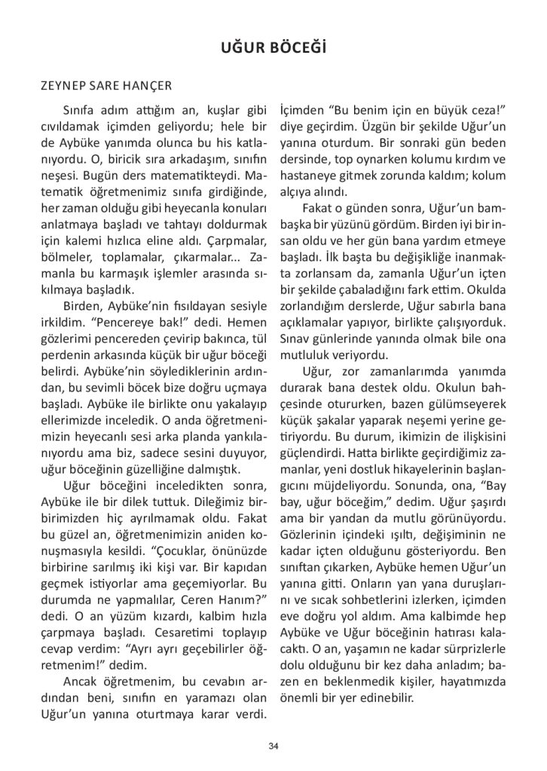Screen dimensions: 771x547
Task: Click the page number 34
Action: point(273,745)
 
